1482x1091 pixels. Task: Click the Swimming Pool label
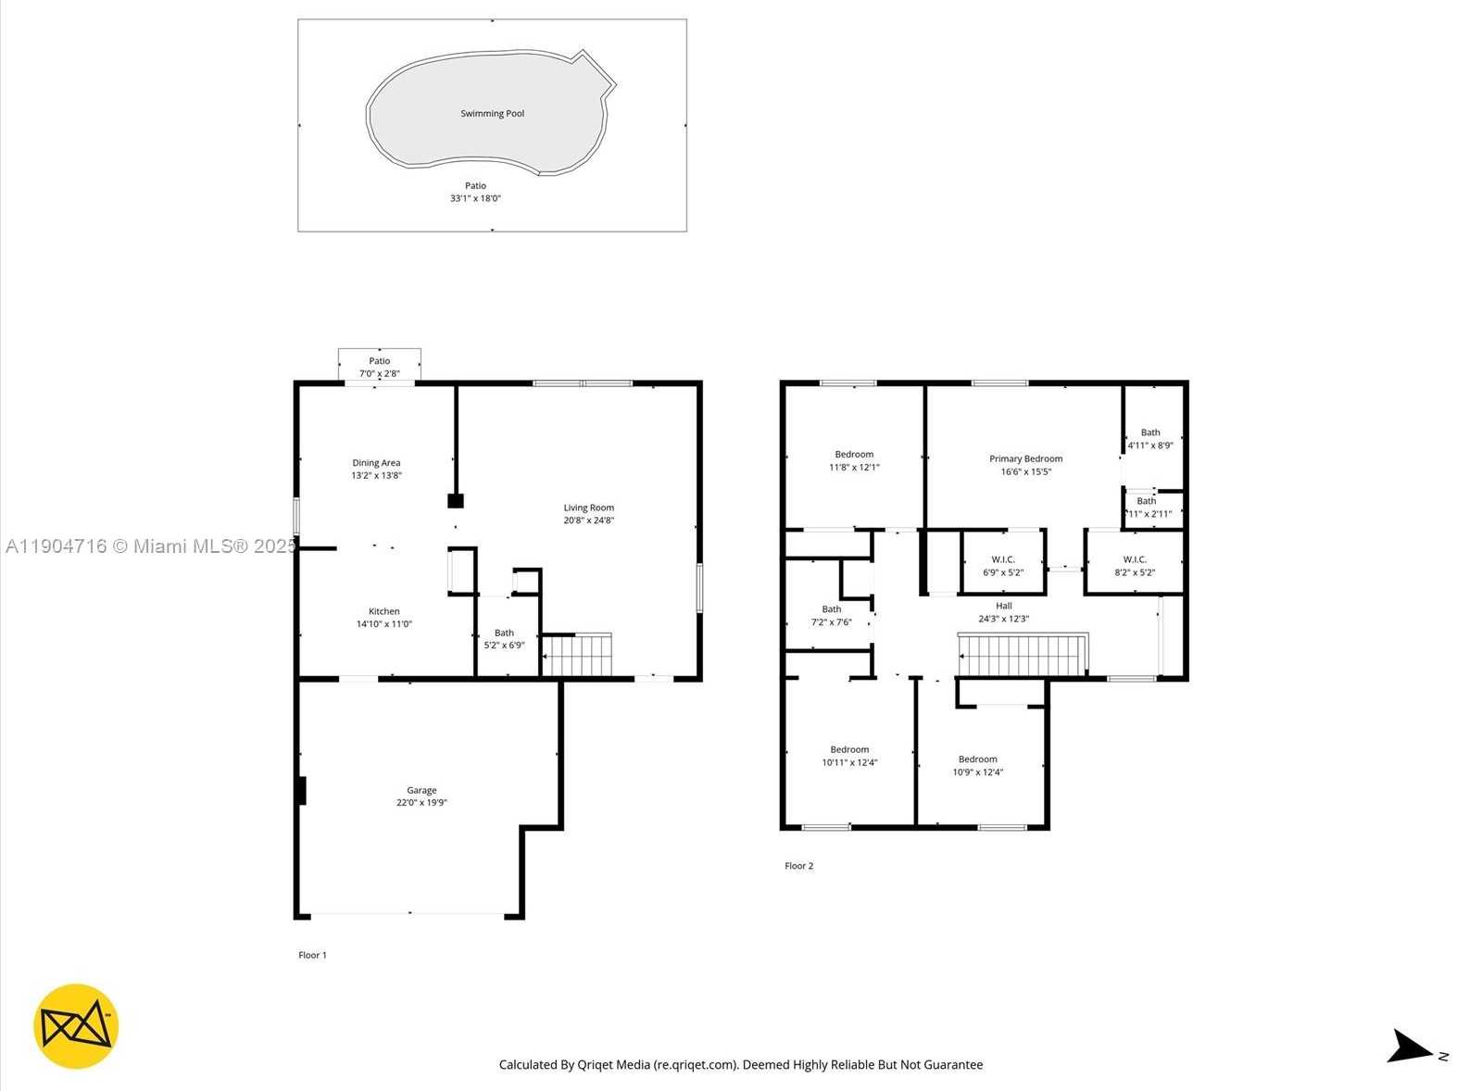(492, 114)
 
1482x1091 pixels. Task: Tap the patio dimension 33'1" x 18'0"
(475, 198)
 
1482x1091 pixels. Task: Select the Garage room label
(421, 790)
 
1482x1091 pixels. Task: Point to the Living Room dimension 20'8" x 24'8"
(588, 520)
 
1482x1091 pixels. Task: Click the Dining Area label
(376, 463)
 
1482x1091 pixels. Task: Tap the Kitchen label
(383, 611)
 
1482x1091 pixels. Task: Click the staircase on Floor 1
(576, 655)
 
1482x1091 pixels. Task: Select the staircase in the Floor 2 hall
(1022, 655)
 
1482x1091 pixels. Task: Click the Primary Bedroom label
(1025, 458)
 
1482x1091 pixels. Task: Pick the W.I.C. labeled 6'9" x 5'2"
(1003, 566)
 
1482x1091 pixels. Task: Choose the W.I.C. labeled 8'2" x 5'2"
(1135, 566)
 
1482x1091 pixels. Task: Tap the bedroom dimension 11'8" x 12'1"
(854, 468)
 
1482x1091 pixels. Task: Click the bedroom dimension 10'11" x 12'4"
(849, 763)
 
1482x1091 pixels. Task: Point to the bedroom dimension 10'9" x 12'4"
(978, 772)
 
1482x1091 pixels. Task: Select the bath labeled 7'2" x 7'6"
(831, 616)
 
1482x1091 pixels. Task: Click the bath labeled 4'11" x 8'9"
(1150, 439)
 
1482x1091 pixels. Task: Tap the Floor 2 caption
(798, 866)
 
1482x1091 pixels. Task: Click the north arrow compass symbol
(1411, 1047)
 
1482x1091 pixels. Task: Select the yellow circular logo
(76, 1026)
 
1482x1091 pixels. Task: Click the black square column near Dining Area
(455, 501)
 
